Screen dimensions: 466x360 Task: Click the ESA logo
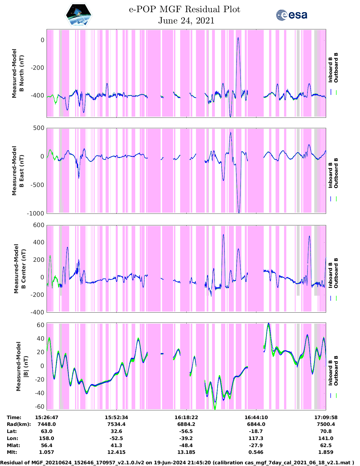click(x=291, y=15)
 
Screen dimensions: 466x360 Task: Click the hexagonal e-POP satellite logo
click(x=79, y=15)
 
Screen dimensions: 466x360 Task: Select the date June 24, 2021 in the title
click(x=186, y=21)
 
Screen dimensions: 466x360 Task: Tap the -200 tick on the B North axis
click(x=38, y=68)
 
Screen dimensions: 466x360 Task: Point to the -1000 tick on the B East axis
click(x=36, y=214)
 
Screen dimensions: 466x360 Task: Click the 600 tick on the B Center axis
click(x=39, y=225)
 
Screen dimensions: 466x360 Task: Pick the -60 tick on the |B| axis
click(x=40, y=407)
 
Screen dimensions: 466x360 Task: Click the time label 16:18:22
click(x=186, y=417)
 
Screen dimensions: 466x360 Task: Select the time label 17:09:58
click(x=326, y=417)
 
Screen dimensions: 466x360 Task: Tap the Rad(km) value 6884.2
click(x=186, y=424)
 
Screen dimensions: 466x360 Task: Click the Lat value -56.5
click(x=186, y=431)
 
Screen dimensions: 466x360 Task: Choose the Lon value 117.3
click(x=256, y=438)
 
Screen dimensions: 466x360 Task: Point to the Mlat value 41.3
click(x=116, y=445)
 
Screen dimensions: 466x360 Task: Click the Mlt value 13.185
click(x=186, y=452)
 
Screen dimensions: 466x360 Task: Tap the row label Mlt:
click(x=12, y=452)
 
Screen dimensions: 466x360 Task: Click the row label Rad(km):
click(x=19, y=424)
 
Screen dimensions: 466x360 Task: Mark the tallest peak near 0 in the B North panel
click(x=238, y=38)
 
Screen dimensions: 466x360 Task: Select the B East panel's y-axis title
click(x=18, y=171)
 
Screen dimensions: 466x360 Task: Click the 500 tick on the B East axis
click(x=39, y=128)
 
